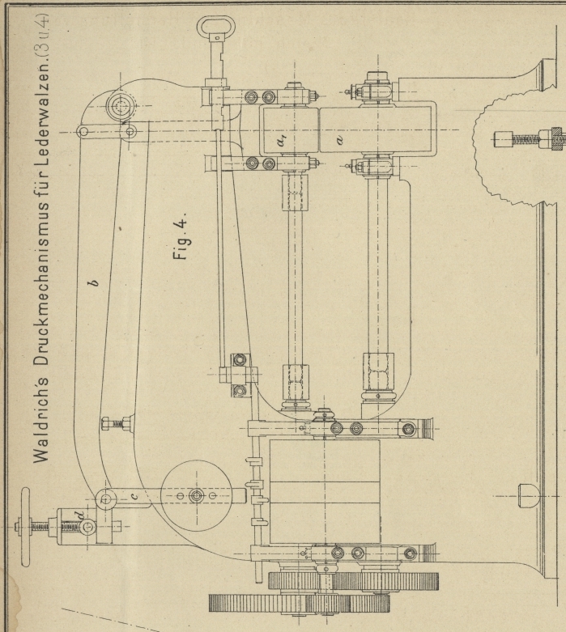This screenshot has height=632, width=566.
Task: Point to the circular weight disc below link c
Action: [x=197, y=495]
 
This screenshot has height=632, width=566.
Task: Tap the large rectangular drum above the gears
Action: [x=323, y=491]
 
